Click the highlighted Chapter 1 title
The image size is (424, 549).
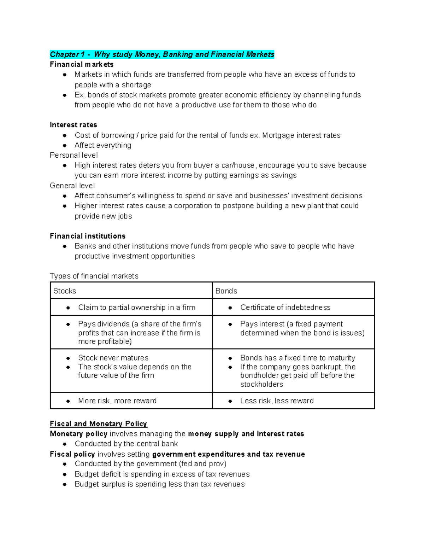coord(162,54)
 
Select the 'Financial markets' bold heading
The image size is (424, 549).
coord(82,64)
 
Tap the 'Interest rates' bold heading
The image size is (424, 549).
coord(73,125)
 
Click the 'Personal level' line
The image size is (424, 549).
coord(74,155)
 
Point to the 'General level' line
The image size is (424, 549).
coord(72,186)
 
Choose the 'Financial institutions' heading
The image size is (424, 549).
coord(88,236)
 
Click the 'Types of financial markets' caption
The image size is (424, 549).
coord(94,276)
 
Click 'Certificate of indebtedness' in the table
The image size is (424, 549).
coord(285,307)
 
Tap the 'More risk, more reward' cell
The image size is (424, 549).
coord(117,401)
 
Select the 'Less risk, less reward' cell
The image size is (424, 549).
coord(277,401)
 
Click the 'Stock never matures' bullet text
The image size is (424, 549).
coord(113,358)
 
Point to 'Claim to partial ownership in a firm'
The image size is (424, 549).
coord(137,307)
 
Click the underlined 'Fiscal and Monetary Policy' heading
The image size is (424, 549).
coord(98,424)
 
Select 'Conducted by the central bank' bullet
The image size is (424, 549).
coord(126,444)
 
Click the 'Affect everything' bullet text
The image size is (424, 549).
coord(103,145)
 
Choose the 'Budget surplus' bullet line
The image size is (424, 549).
coord(159,484)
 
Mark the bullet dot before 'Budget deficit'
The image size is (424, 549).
coord(65,474)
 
